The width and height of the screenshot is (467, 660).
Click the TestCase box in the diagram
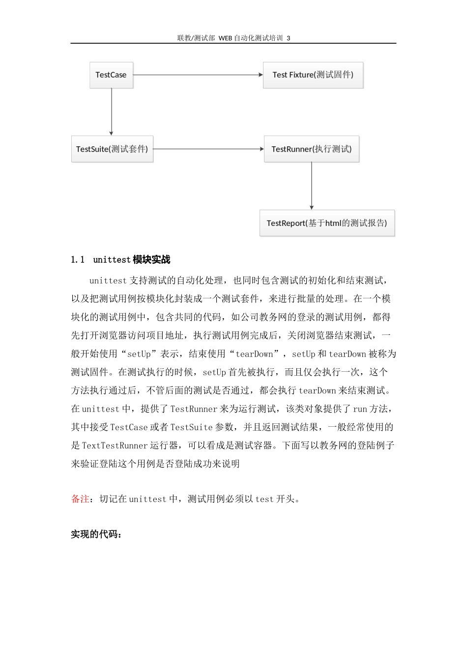pyautogui.click(x=111, y=75)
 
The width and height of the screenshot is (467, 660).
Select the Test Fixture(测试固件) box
pyautogui.click(x=313, y=75)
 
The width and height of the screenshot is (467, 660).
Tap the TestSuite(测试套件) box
pyautogui.click(x=112, y=149)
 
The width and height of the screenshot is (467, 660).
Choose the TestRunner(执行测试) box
pyautogui.click(x=312, y=149)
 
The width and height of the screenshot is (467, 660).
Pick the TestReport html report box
pyautogui.click(x=327, y=223)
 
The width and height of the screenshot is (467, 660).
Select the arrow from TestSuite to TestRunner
pyautogui.click(x=208, y=149)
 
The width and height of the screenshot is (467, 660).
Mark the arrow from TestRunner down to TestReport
pyautogui.click(x=312, y=186)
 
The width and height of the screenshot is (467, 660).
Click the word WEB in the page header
pyautogui.click(x=225, y=38)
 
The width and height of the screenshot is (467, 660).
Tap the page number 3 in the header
pyautogui.click(x=289, y=38)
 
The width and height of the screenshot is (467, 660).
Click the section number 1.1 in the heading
pyautogui.click(x=78, y=260)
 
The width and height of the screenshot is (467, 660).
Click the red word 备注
pyautogui.click(x=80, y=499)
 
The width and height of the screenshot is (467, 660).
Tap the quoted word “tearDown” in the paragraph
pyautogui.click(x=254, y=354)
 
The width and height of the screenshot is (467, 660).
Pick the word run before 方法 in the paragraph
pyautogui.click(x=360, y=409)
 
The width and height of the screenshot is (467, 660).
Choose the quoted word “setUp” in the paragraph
pyautogui.click(x=139, y=354)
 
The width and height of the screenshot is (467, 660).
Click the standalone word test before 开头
pyautogui.click(x=264, y=499)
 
